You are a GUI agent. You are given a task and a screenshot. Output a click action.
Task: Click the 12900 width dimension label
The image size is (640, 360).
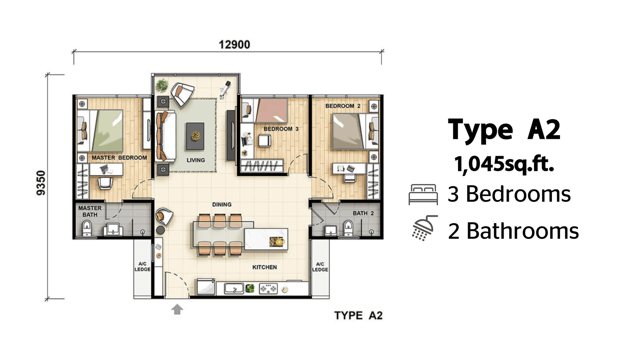[234, 44]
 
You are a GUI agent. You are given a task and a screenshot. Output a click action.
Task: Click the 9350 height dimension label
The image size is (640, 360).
[41, 183]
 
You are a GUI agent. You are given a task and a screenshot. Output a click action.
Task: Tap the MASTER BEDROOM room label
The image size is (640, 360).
[119, 158]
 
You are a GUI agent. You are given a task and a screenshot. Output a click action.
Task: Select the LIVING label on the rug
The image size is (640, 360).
[196, 160]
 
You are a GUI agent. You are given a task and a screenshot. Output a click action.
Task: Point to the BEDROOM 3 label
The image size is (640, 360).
[281, 129]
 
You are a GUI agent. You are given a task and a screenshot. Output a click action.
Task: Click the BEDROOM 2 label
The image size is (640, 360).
[343, 106]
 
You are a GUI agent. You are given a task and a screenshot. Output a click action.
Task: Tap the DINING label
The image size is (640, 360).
[222, 204]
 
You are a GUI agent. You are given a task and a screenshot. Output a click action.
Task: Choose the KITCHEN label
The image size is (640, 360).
[264, 267]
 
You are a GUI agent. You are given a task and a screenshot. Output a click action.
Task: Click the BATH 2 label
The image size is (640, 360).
[363, 213]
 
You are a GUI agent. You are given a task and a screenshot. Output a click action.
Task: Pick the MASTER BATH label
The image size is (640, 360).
[90, 211]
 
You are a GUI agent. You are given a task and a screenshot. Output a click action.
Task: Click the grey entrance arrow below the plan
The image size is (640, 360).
[177, 310]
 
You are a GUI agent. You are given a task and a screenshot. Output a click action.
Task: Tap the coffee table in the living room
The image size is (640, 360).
[195, 136]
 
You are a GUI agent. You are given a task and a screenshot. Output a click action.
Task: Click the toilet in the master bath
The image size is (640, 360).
[86, 228]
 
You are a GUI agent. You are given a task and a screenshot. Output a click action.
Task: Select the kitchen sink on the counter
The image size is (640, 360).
[234, 288]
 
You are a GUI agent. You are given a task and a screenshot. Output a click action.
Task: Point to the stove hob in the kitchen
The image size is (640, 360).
[268, 288]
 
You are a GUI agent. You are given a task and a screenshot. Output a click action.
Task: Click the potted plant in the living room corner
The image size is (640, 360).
[162, 85]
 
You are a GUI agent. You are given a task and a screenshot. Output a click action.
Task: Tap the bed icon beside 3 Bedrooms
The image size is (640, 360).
[423, 194]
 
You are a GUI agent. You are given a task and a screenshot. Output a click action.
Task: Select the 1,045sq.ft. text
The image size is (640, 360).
[504, 164]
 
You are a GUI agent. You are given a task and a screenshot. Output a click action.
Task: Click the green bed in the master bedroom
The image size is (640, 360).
[107, 130]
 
